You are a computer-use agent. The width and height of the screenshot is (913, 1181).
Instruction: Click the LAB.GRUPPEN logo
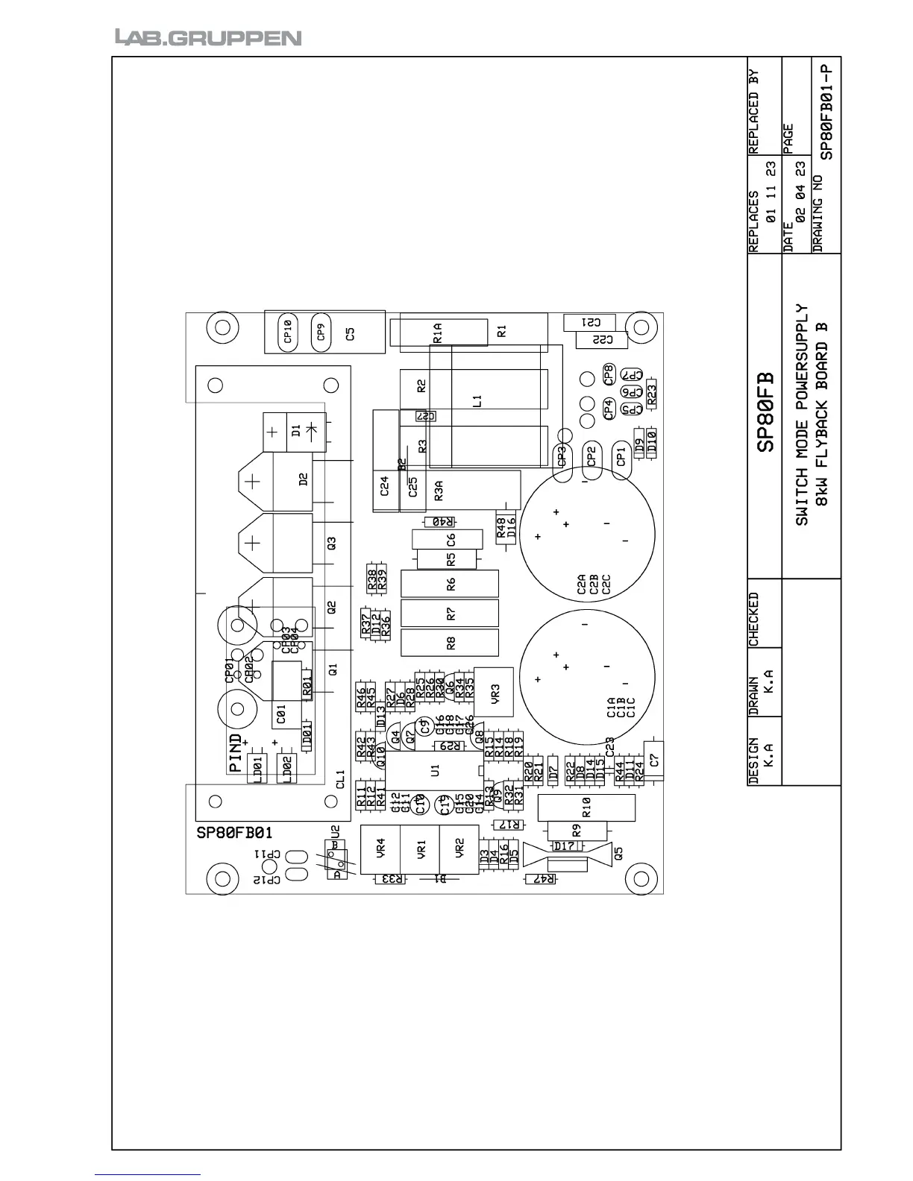click(208, 37)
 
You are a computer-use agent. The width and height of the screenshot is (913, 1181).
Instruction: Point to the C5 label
click(351, 333)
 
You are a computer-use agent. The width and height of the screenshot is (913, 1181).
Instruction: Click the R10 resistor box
click(586, 807)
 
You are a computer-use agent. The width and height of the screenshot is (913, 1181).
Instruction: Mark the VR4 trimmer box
click(380, 849)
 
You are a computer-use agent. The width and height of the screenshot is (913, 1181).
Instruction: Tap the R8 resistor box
click(450, 643)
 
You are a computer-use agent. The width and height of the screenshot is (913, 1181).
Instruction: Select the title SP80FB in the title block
click(766, 412)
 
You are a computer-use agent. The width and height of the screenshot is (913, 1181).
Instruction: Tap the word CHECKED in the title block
click(754, 620)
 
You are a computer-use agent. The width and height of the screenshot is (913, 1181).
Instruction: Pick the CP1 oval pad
click(621, 456)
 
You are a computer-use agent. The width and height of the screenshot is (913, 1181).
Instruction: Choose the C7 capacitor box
click(653, 760)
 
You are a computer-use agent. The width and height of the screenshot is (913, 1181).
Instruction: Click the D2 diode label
click(303, 479)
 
